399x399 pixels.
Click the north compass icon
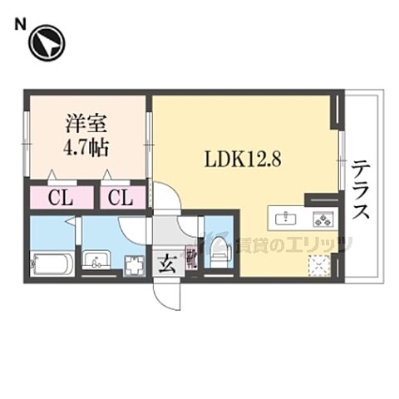click(x=47, y=43)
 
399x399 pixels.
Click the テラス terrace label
click(x=360, y=191)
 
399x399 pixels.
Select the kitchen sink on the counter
click(x=287, y=219)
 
